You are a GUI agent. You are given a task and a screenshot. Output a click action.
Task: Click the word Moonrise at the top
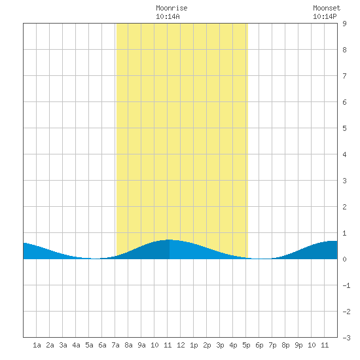171,8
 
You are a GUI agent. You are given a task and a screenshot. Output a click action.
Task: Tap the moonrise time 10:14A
168,16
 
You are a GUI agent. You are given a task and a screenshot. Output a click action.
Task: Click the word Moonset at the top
327,8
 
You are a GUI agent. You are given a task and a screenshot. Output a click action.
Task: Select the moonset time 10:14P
325,16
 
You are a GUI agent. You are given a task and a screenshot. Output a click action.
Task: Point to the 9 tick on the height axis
344,24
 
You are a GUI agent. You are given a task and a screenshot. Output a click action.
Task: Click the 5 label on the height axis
344,128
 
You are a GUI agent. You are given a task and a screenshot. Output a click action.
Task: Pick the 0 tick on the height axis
344,259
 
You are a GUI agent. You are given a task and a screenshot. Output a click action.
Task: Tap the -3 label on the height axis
346,338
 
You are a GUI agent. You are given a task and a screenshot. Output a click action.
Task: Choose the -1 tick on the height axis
346,285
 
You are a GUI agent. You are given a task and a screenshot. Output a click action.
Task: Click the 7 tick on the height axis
344,76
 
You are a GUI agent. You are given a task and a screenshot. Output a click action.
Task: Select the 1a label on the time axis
37,345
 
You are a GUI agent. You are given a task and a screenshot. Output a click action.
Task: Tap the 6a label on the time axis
102,345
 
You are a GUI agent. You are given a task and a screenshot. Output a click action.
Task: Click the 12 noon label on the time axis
181,345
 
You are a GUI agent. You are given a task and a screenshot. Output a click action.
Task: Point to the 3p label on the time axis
220,345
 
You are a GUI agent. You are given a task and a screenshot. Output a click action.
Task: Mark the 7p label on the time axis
272,345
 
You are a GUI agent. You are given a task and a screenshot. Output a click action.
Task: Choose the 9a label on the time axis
141,345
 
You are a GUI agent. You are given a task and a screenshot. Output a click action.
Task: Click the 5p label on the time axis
246,345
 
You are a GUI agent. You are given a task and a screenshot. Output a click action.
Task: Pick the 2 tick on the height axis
344,207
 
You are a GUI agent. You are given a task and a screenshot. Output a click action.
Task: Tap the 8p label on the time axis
285,345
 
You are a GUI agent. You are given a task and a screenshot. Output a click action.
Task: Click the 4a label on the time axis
76,345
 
